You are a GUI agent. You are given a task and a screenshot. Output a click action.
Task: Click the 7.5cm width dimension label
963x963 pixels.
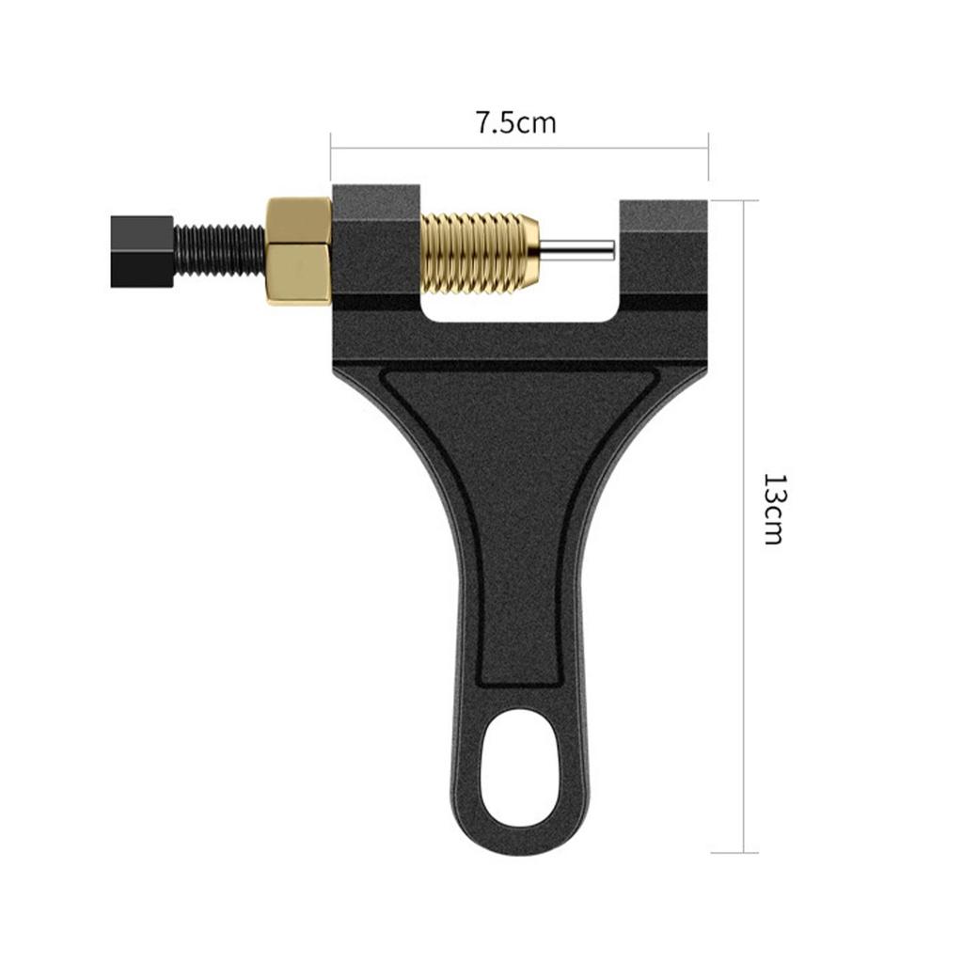[514, 123]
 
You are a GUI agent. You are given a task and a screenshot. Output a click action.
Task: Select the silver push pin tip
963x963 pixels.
[579, 249]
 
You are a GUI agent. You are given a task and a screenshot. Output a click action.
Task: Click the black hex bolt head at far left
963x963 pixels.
[141, 250]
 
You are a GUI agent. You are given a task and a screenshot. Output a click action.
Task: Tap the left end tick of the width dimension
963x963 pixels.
[331, 156]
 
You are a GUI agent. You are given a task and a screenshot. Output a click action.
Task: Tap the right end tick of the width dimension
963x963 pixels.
[707, 156]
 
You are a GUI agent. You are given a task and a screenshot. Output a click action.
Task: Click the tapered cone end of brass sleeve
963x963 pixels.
[531, 249]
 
